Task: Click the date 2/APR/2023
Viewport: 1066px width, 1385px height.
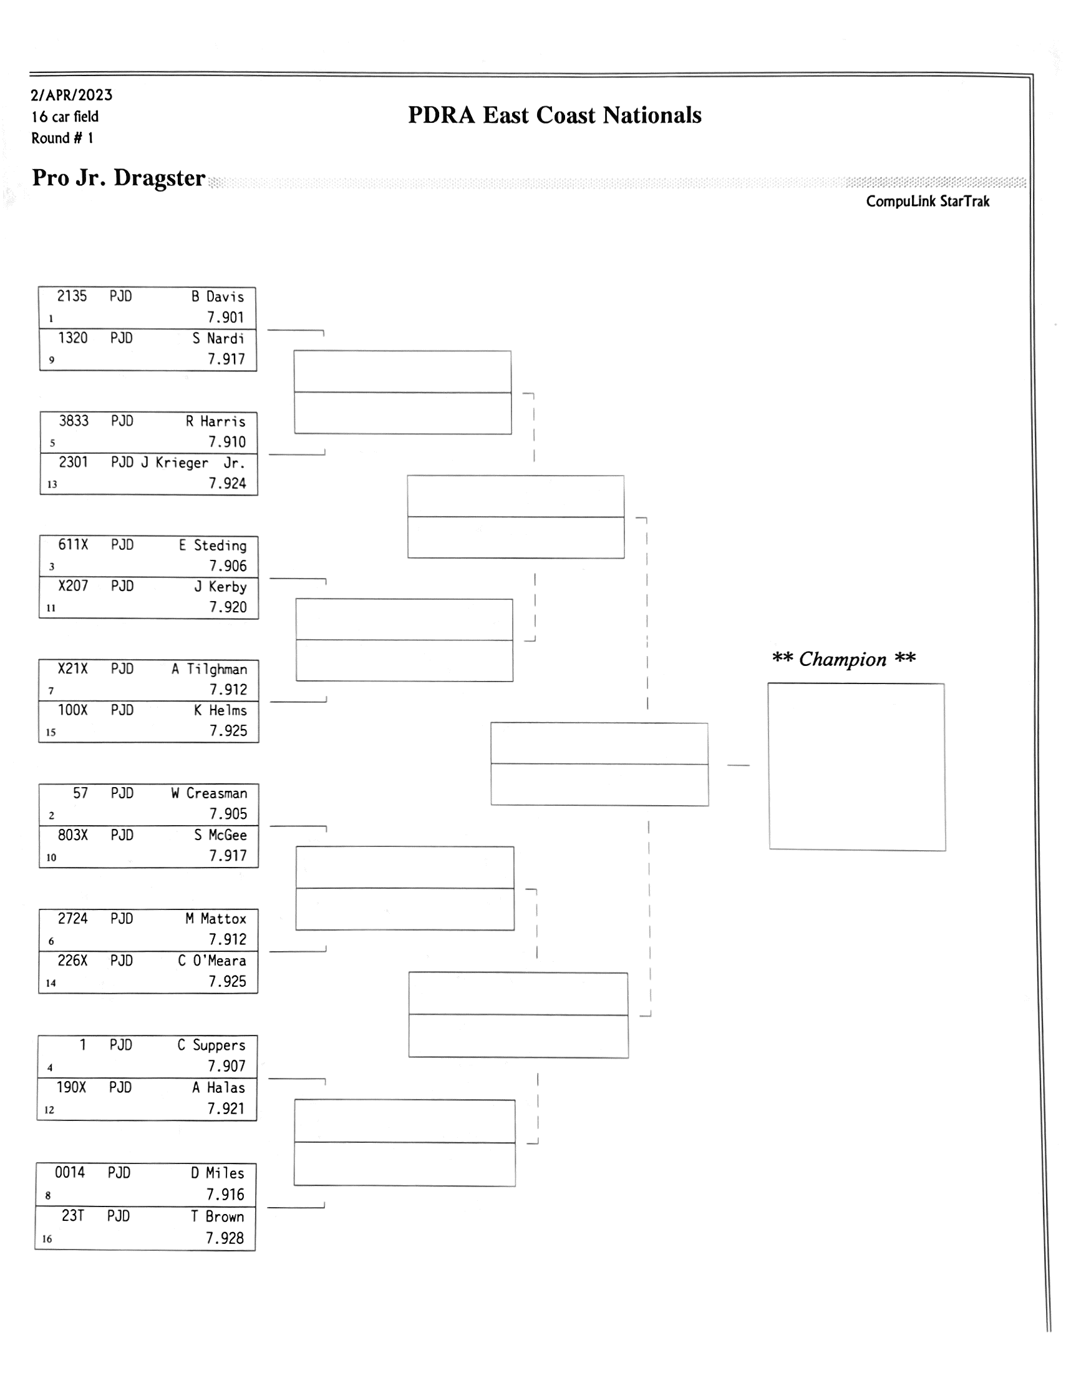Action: [72, 95]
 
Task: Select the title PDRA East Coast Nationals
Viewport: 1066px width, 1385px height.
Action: [555, 115]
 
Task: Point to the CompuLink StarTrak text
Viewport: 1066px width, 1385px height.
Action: [927, 202]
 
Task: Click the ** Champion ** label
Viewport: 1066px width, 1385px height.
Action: [843, 659]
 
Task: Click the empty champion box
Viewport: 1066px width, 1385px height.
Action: [856, 766]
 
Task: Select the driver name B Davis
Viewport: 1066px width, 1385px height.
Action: [218, 297]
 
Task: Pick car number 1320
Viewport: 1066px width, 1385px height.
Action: [73, 338]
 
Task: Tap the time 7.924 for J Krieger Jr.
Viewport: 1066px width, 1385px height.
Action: [228, 483]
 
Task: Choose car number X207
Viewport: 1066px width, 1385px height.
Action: [73, 586]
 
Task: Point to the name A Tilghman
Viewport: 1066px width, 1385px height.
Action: [209, 669]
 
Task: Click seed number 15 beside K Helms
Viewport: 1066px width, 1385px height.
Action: [51, 733]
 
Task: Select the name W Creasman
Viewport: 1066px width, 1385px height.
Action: [209, 793]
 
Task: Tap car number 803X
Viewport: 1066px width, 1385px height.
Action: [73, 835]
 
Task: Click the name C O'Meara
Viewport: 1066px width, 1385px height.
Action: [211, 961]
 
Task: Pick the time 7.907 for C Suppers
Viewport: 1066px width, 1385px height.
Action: [226, 1066]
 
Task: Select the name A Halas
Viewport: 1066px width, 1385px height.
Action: [219, 1087]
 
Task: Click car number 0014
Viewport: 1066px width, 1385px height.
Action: [70, 1173]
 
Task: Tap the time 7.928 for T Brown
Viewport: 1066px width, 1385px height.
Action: [225, 1238]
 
